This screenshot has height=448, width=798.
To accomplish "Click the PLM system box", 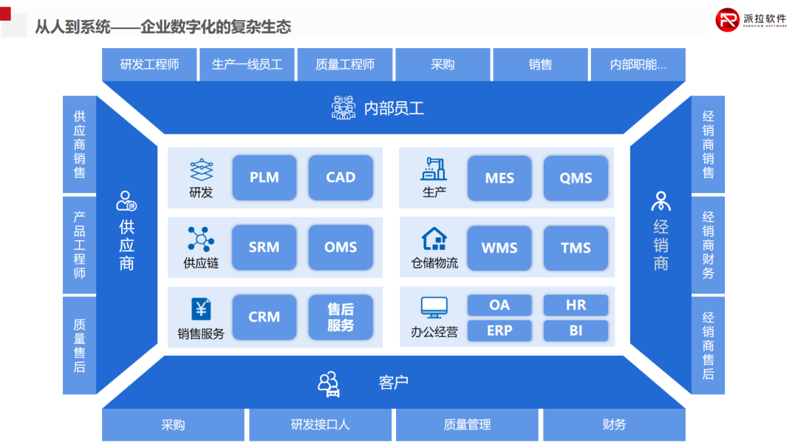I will pyautogui.click(x=264, y=177).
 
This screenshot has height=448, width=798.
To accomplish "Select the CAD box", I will pyautogui.click(x=341, y=177).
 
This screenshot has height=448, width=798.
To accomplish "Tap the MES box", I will pyautogui.click(x=499, y=178).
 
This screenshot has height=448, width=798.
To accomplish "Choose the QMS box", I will pyautogui.click(x=576, y=178).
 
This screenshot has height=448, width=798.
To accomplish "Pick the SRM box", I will pyautogui.click(x=264, y=247).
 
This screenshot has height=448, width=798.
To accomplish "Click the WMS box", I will pyautogui.click(x=499, y=248).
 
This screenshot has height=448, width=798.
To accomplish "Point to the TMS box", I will pyautogui.click(x=576, y=248).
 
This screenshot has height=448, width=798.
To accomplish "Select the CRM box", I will pyautogui.click(x=264, y=317).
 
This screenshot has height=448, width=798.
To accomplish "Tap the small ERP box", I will pyautogui.click(x=499, y=330).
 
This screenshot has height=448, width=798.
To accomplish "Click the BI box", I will pyautogui.click(x=576, y=330).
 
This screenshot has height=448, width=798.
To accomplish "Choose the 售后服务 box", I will pyautogui.click(x=341, y=317).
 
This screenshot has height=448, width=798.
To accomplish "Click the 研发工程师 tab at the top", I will pyautogui.click(x=150, y=64).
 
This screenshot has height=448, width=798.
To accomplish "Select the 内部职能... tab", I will pyautogui.click(x=638, y=64).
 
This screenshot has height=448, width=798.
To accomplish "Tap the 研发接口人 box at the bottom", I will pyautogui.click(x=320, y=424).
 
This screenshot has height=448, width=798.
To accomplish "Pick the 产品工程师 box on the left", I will pyautogui.click(x=79, y=245).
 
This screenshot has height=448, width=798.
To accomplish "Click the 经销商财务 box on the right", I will pyautogui.click(x=708, y=245).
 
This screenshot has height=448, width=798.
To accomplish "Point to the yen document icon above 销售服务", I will pyautogui.click(x=201, y=309).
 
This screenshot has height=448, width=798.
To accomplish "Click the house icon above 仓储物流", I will pyautogui.click(x=434, y=239).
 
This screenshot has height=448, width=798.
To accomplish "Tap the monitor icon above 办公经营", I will pyautogui.click(x=434, y=308).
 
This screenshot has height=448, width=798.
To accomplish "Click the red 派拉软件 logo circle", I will pyautogui.click(x=729, y=20).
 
